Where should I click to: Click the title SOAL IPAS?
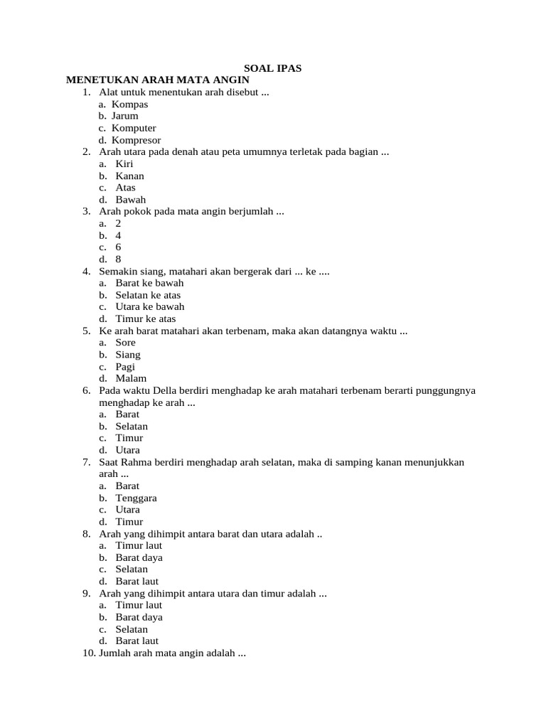[x=273, y=68]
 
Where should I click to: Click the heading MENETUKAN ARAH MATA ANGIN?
[x=158, y=80]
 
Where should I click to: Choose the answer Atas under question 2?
[x=125, y=188]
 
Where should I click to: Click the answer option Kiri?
[x=124, y=164]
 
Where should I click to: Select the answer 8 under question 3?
[x=118, y=259]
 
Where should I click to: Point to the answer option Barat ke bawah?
[x=149, y=283]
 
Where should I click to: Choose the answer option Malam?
[x=131, y=378]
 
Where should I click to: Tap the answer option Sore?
[x=125, y=343]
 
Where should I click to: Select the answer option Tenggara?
[x=136, y=498]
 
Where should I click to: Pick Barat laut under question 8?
[x=136, y=581]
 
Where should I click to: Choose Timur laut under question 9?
[x=139, y=605]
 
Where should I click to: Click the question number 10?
[x=90, y=653]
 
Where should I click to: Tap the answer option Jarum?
[x=125, y=116]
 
